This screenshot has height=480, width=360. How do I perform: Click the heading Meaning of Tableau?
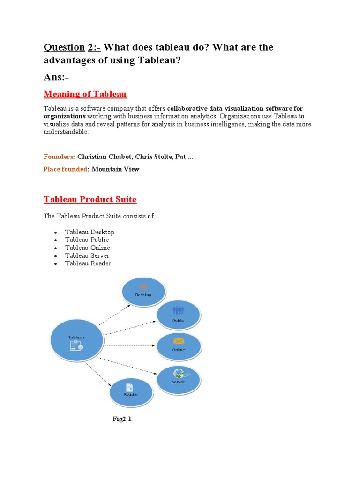pos(85,94)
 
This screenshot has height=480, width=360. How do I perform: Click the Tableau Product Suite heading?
pos(90,199)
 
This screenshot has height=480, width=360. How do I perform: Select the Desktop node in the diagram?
pos(143,291)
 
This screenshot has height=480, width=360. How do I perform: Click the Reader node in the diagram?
pos(131,391)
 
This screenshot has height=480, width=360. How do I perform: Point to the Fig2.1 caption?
pos(122,419)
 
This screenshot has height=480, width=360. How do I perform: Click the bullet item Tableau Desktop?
pos(90,232)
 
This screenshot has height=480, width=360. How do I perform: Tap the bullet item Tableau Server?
pos(87,255)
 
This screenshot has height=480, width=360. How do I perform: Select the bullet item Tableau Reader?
pos(88,263)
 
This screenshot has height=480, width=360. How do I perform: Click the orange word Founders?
pos(59,157)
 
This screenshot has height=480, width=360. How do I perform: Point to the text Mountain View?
pos(115,169)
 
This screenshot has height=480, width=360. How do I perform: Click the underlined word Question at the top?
pos(64,47)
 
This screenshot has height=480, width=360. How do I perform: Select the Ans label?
pos(56,76)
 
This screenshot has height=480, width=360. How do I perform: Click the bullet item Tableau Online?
pos(88,247)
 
